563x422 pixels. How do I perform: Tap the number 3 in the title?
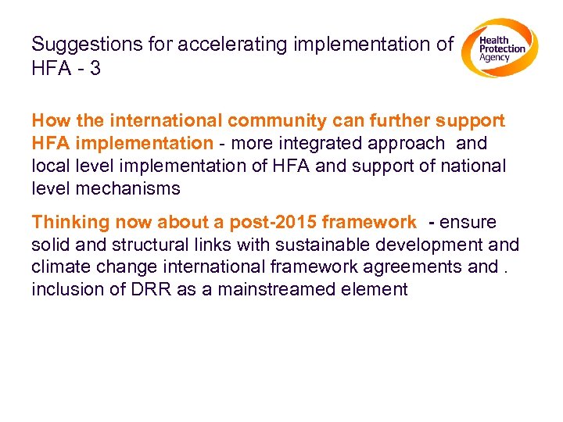95,69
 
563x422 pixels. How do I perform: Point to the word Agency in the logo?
494,58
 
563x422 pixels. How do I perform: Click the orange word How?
49,121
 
